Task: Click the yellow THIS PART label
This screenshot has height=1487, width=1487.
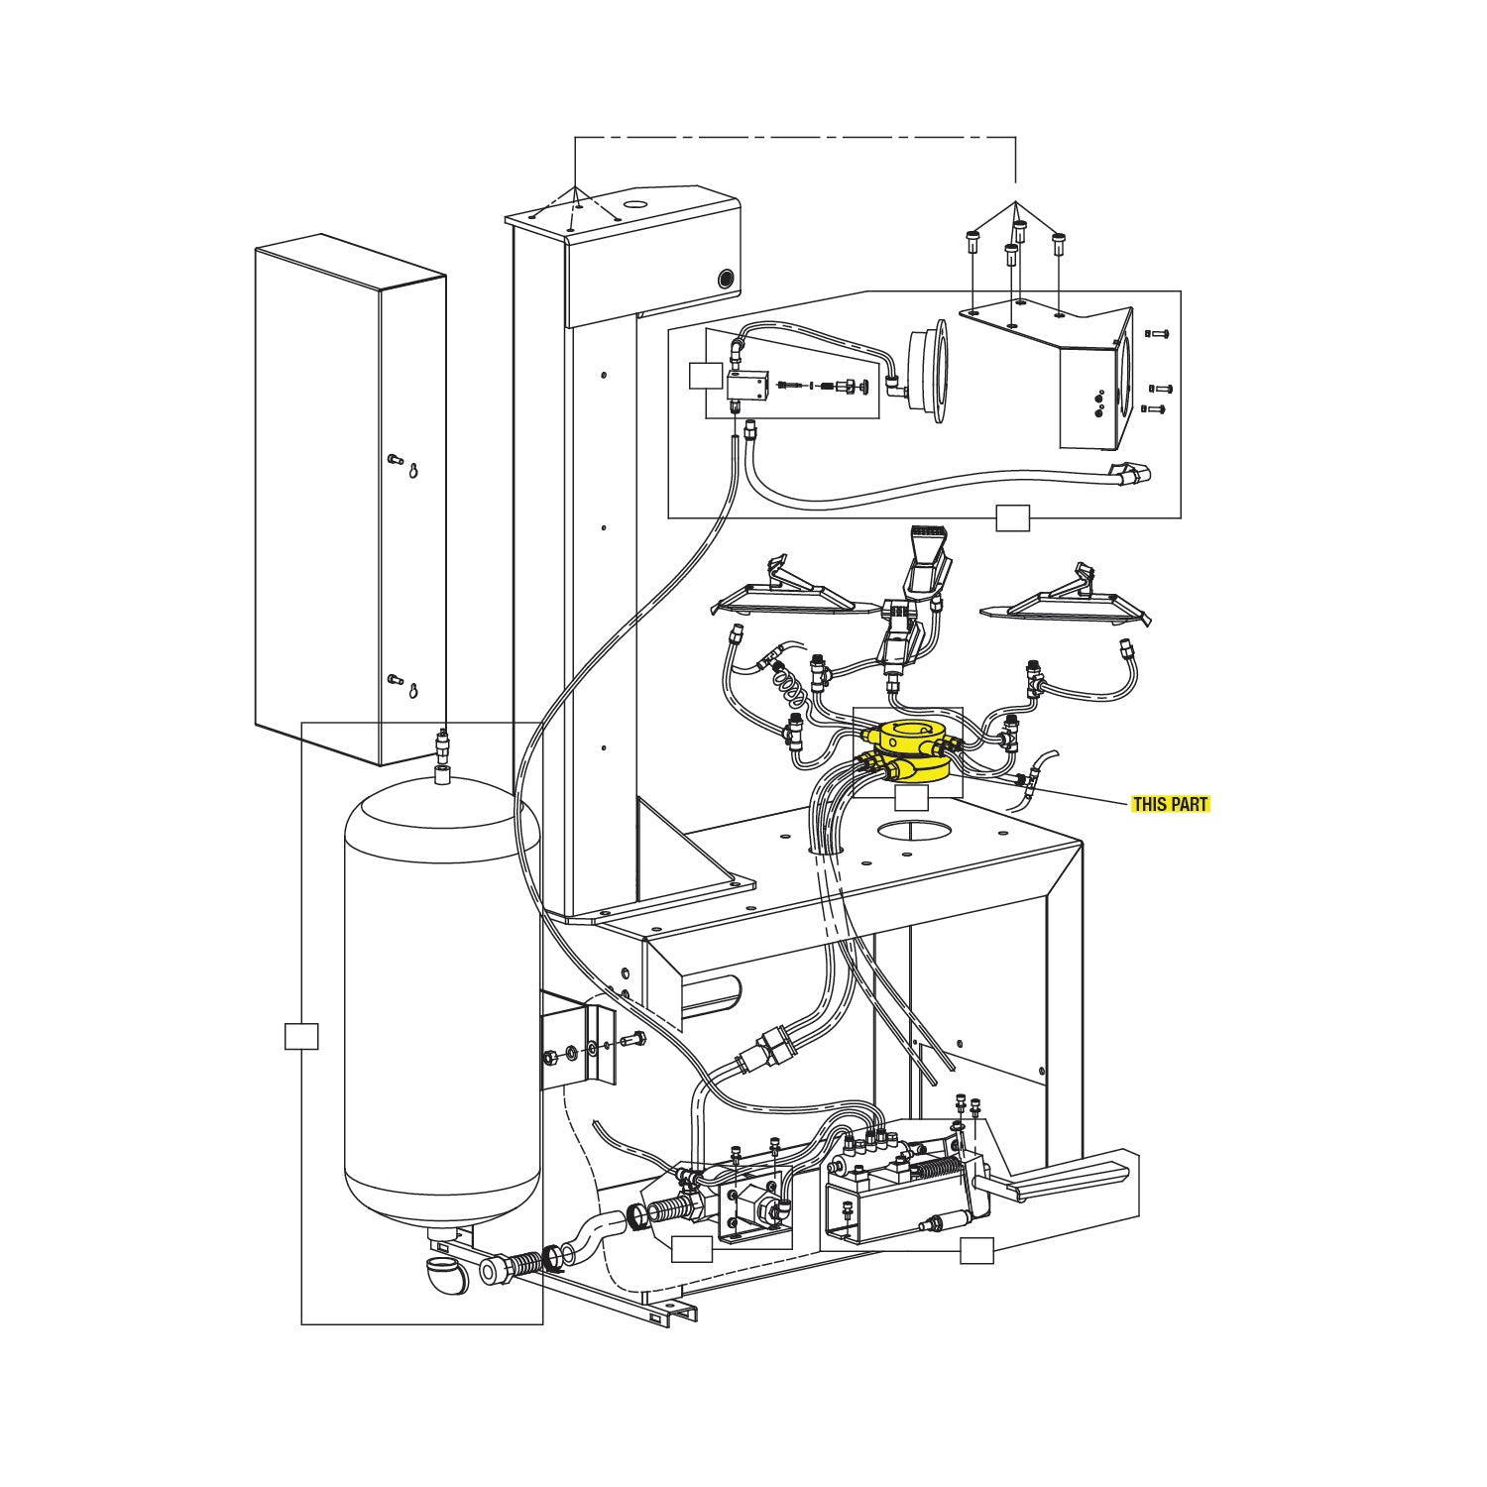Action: tap(1171, 804)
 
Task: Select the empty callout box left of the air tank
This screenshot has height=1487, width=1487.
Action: tap(300, 1035)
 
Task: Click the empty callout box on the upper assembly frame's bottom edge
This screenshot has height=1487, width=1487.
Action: tap(1012, 517)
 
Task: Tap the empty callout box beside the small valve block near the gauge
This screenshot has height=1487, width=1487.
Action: tap(705, 377)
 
